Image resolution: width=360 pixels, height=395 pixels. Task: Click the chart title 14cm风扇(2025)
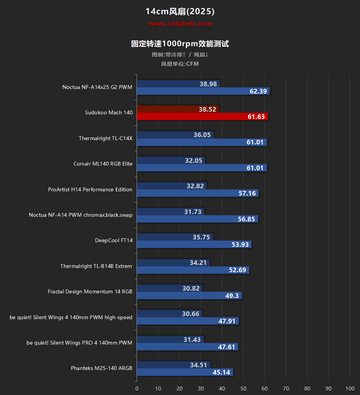[x=180, y=12]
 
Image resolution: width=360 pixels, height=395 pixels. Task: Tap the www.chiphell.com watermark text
[x=180, y=24]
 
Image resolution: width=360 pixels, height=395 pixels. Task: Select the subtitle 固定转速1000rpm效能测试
[x=180, y=44]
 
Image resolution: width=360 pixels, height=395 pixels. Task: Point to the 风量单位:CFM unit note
[x=180, y=64]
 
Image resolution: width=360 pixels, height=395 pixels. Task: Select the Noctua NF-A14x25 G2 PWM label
[x=97, y=87]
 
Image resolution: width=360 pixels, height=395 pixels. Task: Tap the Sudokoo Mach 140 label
[x=109, y=112]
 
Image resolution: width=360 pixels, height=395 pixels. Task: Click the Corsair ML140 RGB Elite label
[x=103, y=164]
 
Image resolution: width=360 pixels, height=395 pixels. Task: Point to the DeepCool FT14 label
[x=114, y=240]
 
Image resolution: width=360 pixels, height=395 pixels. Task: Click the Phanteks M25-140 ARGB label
[x=102, y=368]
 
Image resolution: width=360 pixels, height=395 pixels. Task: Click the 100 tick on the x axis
[x=350, y=388]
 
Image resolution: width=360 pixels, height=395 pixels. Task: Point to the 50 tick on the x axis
[x=243, y=388]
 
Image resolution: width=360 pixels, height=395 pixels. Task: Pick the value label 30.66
[x=191, y=314]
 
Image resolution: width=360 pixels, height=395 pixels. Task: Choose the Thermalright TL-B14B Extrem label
[x=96, y=266]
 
